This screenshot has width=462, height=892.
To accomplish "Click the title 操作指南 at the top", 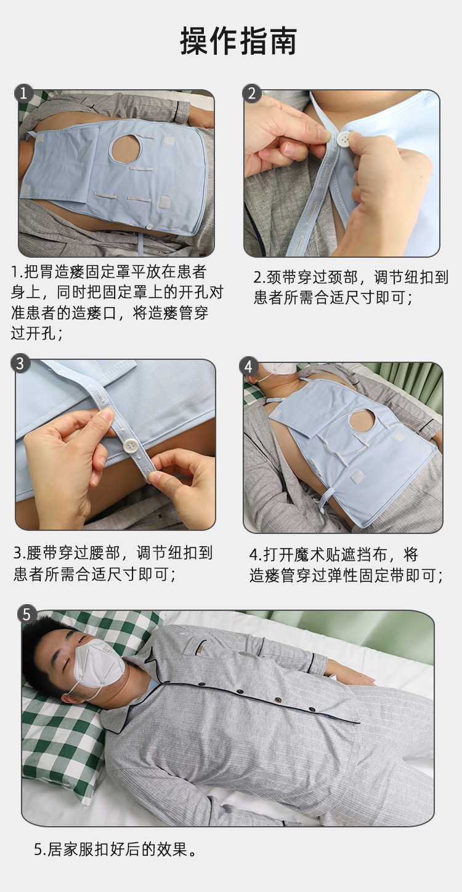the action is click(x=238, y=41).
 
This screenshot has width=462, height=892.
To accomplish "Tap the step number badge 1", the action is click(x=23, y=93).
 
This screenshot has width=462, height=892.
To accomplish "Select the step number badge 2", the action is click(x=252, y=94).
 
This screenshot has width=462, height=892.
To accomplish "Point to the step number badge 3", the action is click(x=20, y=363).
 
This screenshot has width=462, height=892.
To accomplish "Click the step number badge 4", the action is click(x=248, y=366).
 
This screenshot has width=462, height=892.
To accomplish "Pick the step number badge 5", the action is click(x=26, y=614).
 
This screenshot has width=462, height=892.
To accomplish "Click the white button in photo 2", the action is click(x=343, y=140).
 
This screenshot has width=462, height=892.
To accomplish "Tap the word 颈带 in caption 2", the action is click(x=275, y=277).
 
